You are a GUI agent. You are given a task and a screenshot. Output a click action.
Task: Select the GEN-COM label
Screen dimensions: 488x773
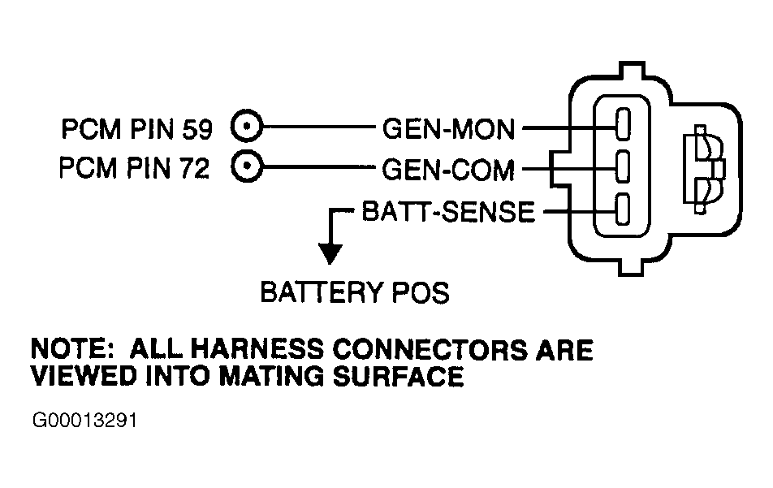[449, 170]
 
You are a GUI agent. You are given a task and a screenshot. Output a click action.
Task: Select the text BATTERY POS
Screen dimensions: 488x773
[354, 292]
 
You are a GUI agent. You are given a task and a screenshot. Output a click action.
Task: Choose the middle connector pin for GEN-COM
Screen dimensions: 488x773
[623, 169]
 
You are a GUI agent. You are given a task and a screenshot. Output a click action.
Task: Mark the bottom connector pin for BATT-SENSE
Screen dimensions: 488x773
[623, 210]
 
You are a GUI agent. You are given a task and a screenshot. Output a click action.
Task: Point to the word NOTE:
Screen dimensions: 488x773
[69, 350]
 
